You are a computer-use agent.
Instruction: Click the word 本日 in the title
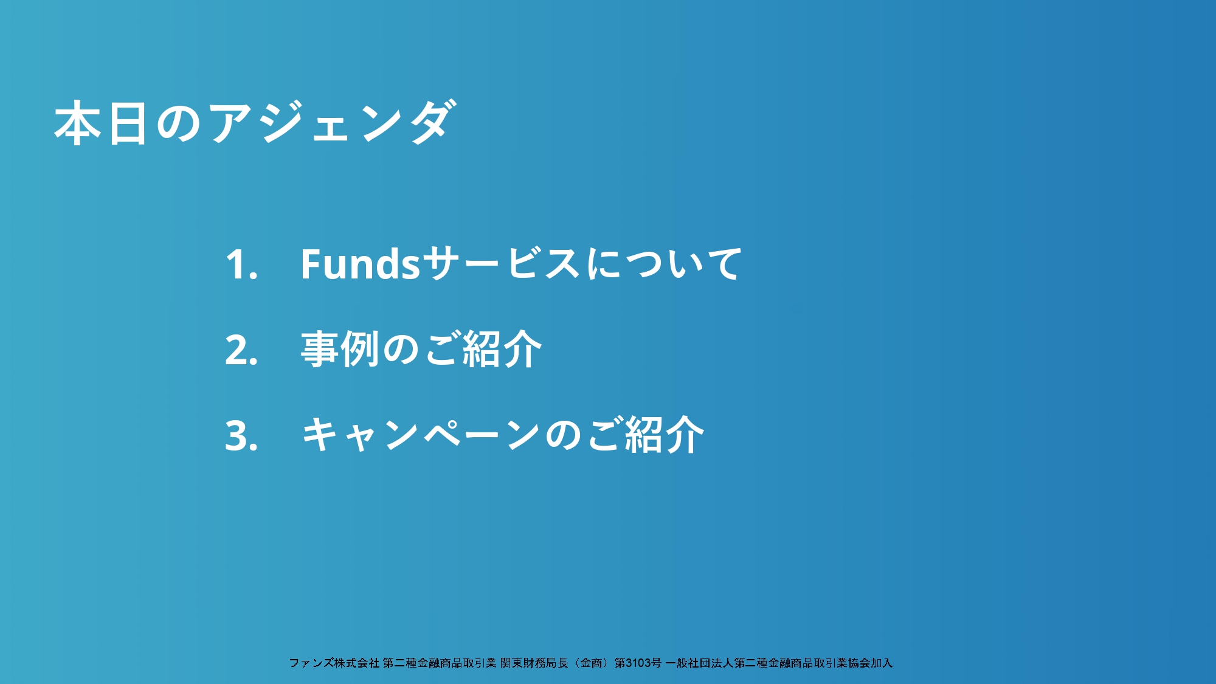click(x=101, y=123)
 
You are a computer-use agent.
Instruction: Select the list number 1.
click(x=241, y=264)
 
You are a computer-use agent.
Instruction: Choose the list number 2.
click(x=241, y=350)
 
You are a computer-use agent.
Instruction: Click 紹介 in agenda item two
click(x=502, y=350)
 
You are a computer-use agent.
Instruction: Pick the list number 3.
click(x=241, y=436)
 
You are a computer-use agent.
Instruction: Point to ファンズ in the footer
click(x=311, y=663)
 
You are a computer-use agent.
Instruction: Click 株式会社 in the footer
click(x=357, y=663)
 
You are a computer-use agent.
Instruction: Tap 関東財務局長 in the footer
click(x=534, y=663)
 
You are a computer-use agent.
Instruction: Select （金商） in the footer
click(x=591, y=663)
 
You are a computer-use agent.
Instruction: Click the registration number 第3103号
click(x=638, y=663)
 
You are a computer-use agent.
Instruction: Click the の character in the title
click(x=179, y=123)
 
